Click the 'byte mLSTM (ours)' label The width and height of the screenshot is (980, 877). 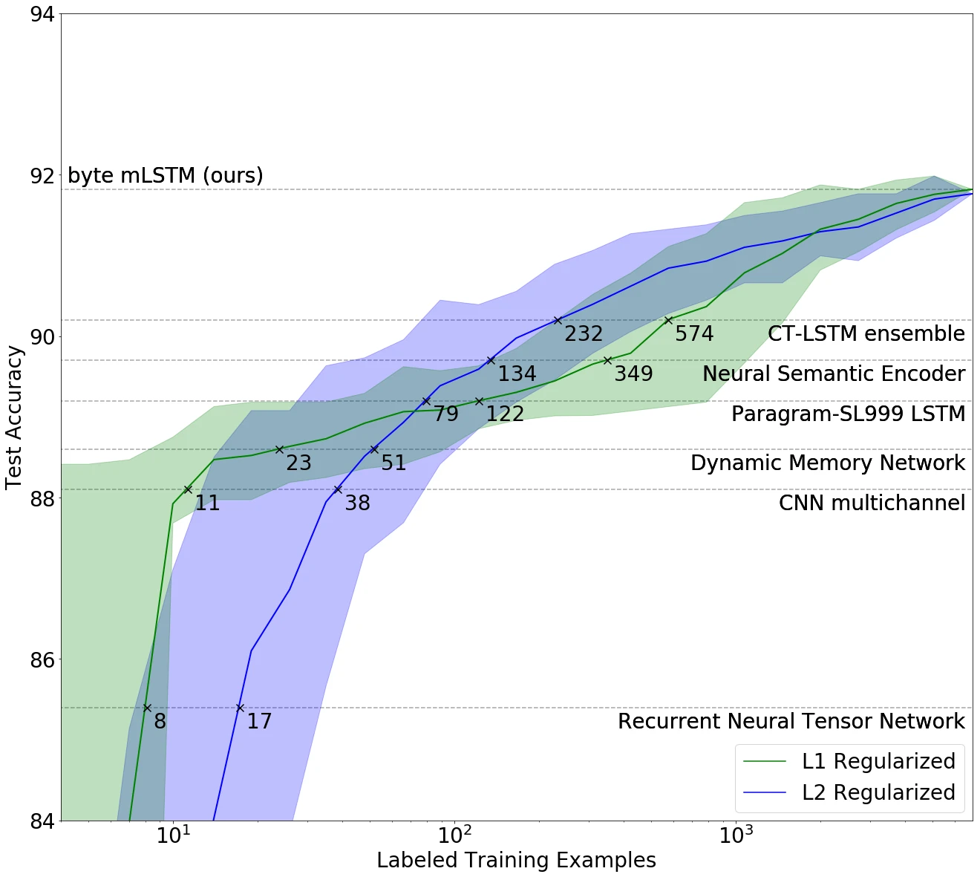pos(165,175)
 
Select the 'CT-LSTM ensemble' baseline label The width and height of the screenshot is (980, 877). pos(866,333)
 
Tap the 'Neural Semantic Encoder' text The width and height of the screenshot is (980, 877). pos(833,374)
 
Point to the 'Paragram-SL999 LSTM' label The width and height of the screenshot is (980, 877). pos(848,414)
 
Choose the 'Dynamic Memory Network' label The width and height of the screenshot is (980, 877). pos(827,463)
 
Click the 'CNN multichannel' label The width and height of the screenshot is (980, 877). pos(872,503)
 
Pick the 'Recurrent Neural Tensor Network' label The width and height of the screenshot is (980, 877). pos(791,721)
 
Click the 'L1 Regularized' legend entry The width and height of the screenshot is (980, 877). pos(878,761)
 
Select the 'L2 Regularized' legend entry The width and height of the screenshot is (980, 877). pos(878,792)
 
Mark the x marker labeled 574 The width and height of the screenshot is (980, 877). pos(668,320)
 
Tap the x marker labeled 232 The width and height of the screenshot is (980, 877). pos(558,320)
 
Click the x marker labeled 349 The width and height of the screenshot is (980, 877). pos(607,360)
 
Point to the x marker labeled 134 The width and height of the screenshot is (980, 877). pos(491,360)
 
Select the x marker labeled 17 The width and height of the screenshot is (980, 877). pos(240,708)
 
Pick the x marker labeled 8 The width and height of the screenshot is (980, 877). pos(147,708)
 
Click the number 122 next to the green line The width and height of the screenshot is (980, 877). pos(505,414)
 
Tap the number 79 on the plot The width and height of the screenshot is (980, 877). pos(445,414)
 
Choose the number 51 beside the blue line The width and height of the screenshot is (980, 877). pos(393,463)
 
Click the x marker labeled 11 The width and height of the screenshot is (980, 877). pos(188,489)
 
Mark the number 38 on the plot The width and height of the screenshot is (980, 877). pos(357,503)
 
